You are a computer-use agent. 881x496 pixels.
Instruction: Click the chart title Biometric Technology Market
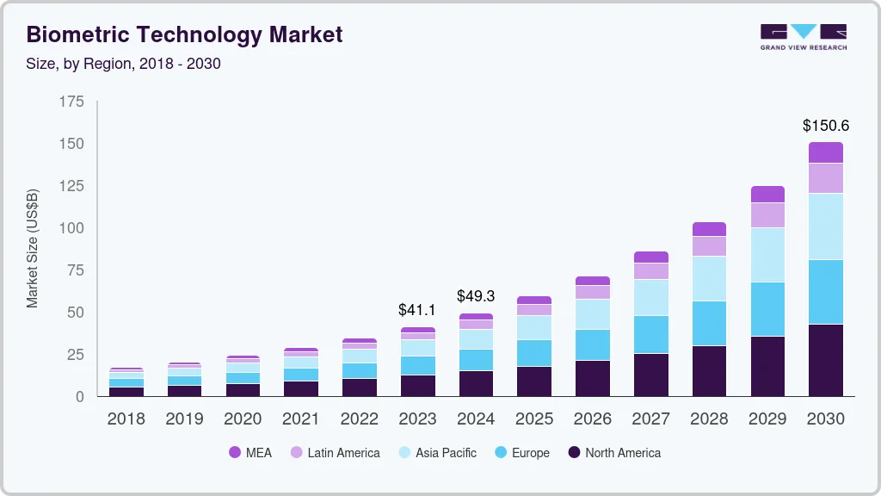pos(185,34)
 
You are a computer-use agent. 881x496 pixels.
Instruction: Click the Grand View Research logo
pos(803,37)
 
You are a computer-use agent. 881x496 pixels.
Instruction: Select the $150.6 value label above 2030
pos(825,126)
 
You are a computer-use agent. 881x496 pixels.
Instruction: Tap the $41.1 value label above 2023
pos(417,309)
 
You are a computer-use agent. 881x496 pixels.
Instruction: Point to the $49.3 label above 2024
pos(476,295)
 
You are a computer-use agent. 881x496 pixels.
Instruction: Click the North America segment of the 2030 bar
pos(825,360)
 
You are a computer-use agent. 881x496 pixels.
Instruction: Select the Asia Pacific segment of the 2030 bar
pos(825,226)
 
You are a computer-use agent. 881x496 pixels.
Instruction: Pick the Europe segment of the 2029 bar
pos(767,309)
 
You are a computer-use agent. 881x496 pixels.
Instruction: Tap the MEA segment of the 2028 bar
pos(709,229)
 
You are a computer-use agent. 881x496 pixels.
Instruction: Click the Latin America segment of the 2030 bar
pos(825,178)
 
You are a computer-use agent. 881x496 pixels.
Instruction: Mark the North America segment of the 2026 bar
pos(593,378)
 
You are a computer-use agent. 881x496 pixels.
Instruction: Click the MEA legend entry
pos(250,452)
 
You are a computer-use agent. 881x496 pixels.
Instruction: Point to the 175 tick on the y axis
pos(72,102)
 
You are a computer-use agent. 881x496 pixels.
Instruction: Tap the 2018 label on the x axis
pos(126,419)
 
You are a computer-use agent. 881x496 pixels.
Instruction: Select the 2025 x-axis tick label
pos(534,419)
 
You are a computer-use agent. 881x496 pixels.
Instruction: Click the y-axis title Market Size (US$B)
pos(33,248)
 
